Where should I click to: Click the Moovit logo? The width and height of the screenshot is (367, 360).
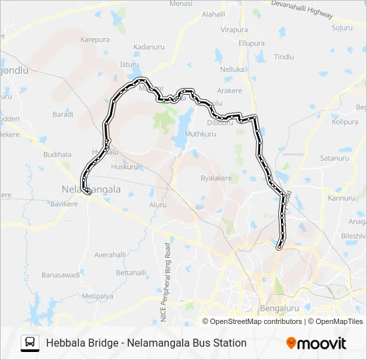pyautogui.click(x=316, y=343)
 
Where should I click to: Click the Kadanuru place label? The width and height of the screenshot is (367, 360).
pyautogui.click(x=148, y=47)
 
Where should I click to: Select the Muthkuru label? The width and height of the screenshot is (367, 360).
pyautogui.click(x=200, y=134)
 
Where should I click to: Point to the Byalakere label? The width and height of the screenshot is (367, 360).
pyautogui.click(x=216, y=179)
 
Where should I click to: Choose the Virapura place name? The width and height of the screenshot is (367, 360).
pyautogui.click(x=234, y=30)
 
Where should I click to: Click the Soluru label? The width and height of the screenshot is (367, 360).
pyautogui.click(x=342, y=28)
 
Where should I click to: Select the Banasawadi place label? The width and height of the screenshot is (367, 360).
pyautogui.click(x=61, y=275)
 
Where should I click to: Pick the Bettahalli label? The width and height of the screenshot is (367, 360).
pyautogui.click(x=131, y=273)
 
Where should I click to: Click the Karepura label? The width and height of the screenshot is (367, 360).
pyautogui.click(x=95, y=40)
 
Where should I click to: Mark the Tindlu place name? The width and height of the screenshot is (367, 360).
pyautogui.click(x=284, y=57)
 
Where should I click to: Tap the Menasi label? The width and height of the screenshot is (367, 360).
pyautogui.click(x=181, y=4)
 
